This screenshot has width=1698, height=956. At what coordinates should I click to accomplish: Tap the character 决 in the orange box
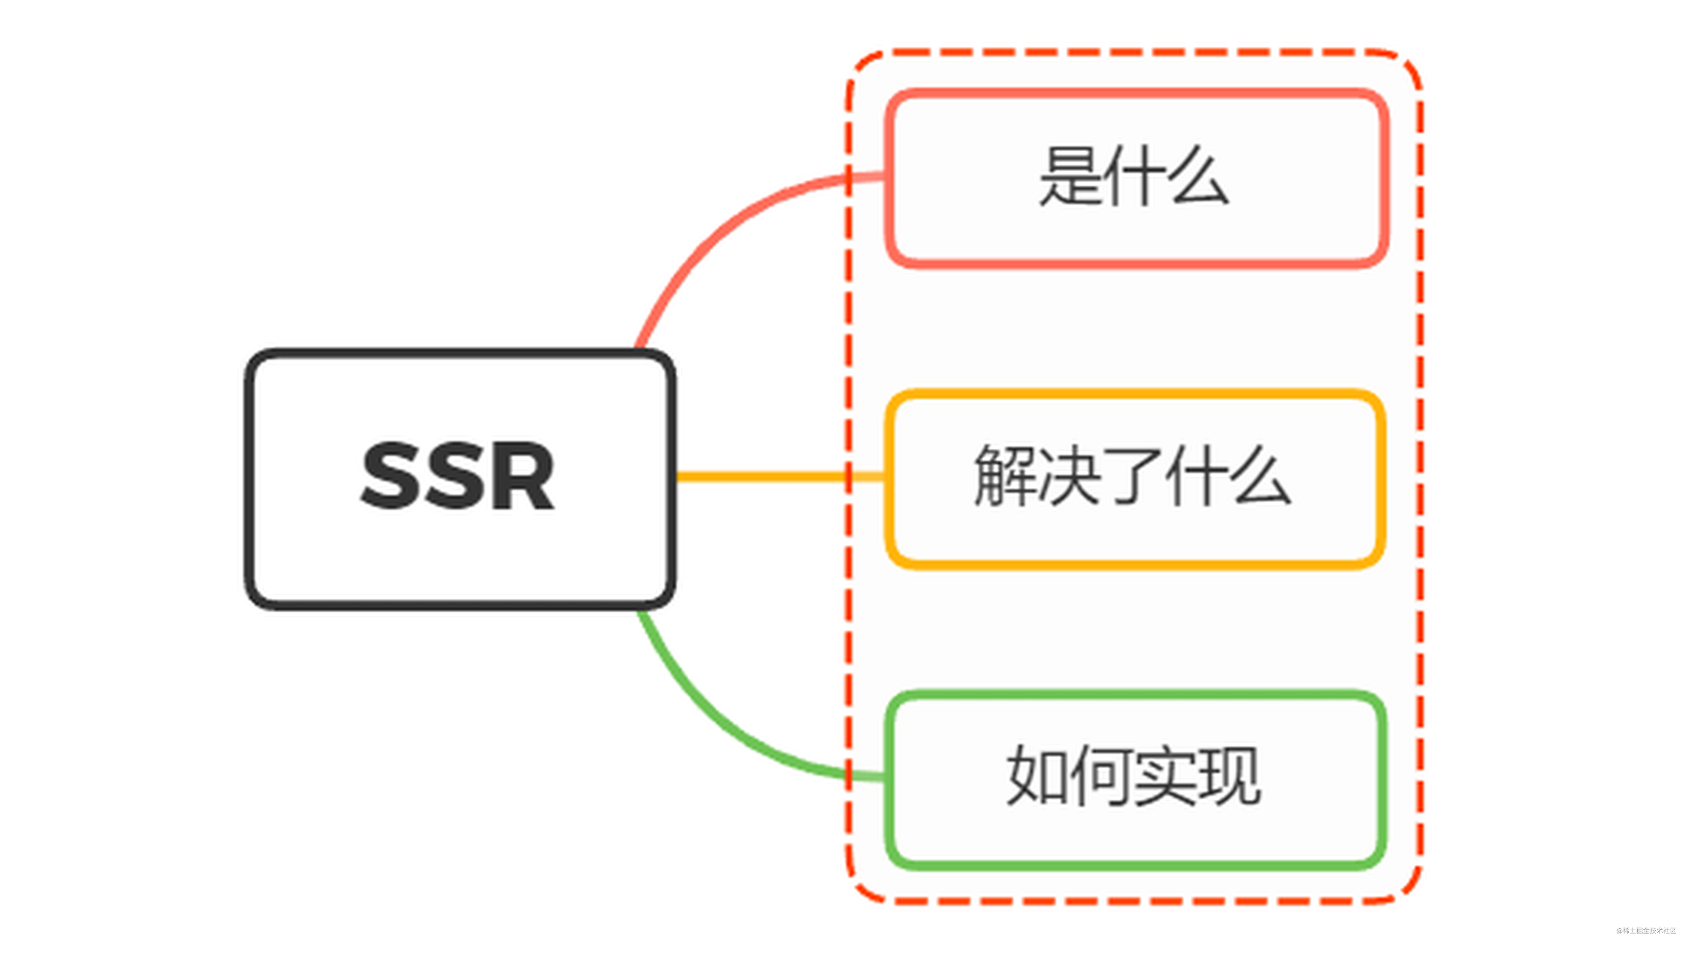(x=1068, y=476)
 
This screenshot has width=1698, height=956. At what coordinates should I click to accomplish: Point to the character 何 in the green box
(x=1101, y=777)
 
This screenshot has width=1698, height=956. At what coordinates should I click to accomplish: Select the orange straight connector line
(x=758, y=476)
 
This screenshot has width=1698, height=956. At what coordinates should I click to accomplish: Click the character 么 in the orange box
(x=1262, y=476)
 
